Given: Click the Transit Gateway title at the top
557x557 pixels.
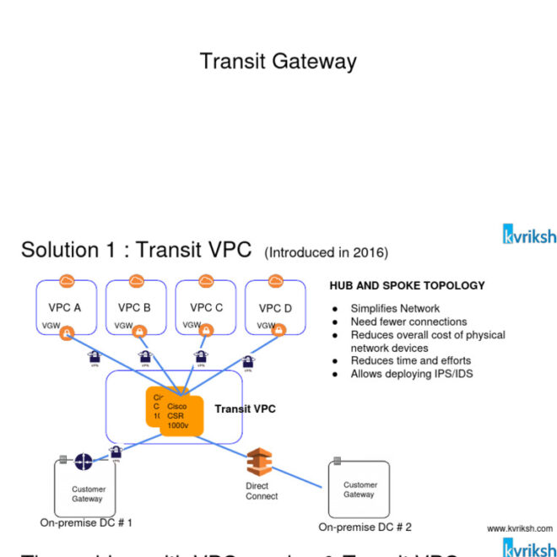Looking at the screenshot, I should [x=278, y=62].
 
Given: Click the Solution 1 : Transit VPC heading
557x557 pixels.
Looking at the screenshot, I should [x=138, y=251].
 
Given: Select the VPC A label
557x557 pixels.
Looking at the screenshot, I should [x=64, y=308].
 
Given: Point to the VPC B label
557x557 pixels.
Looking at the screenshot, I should [x=134, y=308].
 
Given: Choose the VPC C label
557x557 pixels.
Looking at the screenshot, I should [x=206, y=308].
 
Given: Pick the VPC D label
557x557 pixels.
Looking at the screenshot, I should [x=275, y=308].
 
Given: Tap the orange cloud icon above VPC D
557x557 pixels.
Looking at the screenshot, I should [x=275, y=281].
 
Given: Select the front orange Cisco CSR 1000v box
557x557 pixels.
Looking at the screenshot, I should [x=181, y=417].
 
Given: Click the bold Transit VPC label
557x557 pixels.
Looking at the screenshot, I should [x=245, y=409].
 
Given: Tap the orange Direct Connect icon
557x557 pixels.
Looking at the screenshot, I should [x=260, y=464].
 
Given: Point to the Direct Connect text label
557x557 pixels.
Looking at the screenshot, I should [x=261, y=491].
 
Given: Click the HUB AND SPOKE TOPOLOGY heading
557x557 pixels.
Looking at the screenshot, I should [x=407, y=286].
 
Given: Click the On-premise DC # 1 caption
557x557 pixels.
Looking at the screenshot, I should [x=86, y=523].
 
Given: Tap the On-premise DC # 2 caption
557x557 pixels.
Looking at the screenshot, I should [x=365, y=527].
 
